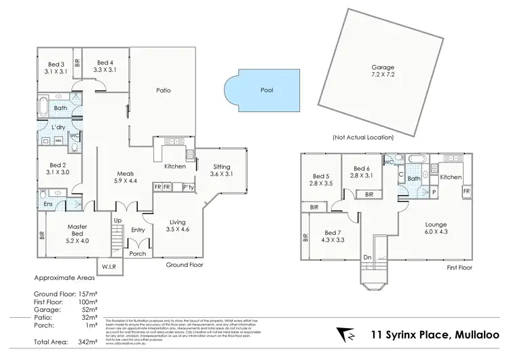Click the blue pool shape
pyautogui.click(x=262, y=90)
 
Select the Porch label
pyautogui.click(x=138, y=253)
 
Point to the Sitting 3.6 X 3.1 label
pyautogui.click(x=221, y=170)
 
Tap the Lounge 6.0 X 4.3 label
pyautogui.click(x=427, y=227)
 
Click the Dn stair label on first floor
pyautogui.click(x=367, y=257)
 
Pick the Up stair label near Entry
pyautogui.click(x=117, y=221)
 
